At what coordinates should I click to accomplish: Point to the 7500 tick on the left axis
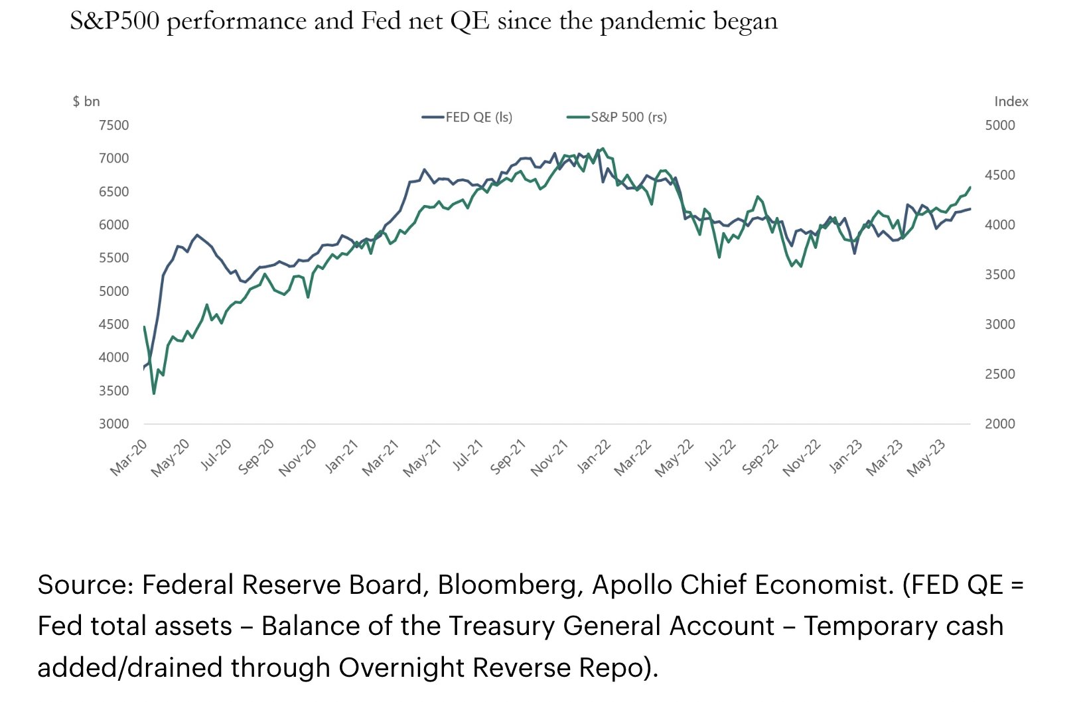point(113,125)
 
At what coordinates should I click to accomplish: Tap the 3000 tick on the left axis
point(113,424)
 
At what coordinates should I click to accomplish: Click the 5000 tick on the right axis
point(999,125)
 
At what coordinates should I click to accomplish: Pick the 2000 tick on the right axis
point(999,424)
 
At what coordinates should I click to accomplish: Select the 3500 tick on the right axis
point(999,275)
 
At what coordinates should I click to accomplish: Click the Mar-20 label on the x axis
point(129,458)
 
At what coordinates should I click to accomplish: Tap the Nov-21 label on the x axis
point(549,458)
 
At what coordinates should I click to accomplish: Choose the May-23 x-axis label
point(926,458)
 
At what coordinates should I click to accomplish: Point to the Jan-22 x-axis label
point(593,456)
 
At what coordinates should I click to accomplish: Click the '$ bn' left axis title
point(86,102)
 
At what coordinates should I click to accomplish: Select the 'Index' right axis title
point(1011,102)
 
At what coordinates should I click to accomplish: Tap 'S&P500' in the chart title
point(114,21)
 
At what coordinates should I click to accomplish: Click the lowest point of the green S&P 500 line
point(154,393)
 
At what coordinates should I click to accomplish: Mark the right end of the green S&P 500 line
point(970,187)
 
